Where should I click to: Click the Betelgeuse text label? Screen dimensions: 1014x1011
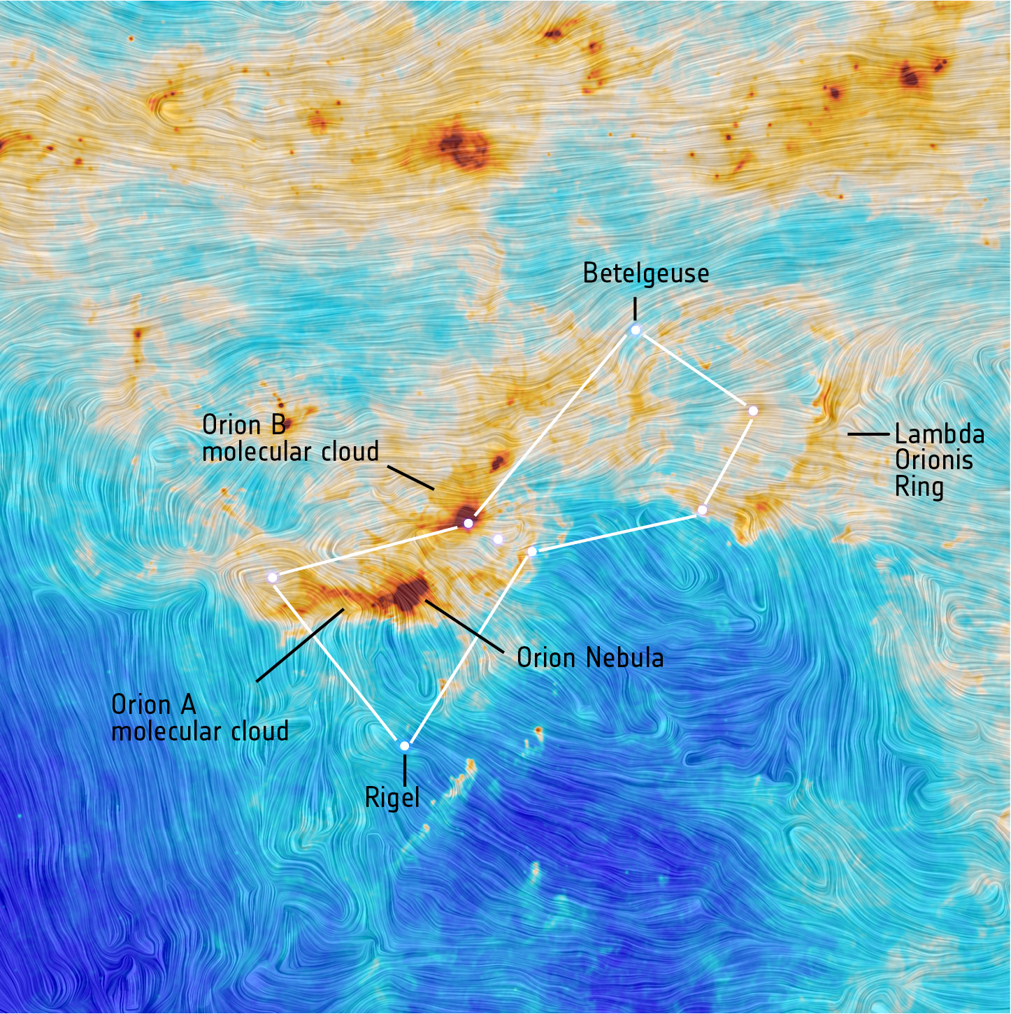645,273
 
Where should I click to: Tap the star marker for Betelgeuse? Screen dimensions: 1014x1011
636,330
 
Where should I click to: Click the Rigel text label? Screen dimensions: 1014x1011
392,798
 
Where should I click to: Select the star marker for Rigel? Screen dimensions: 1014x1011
404,746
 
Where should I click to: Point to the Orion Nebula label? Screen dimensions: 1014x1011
589,657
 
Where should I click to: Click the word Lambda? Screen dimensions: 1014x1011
939,434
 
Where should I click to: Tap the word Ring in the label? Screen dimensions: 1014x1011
919,487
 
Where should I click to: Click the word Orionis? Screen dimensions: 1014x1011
933,460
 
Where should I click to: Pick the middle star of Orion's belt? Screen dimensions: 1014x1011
498,539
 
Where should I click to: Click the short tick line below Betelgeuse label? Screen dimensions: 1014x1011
635,308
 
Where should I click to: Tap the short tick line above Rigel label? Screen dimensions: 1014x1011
404,770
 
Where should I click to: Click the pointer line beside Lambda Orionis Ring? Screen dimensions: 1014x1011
868,434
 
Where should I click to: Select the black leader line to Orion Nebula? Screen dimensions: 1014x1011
465,626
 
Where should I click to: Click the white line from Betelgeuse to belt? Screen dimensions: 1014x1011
552,426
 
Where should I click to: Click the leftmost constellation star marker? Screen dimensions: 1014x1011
273,577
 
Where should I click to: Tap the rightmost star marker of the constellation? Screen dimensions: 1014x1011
753,410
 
